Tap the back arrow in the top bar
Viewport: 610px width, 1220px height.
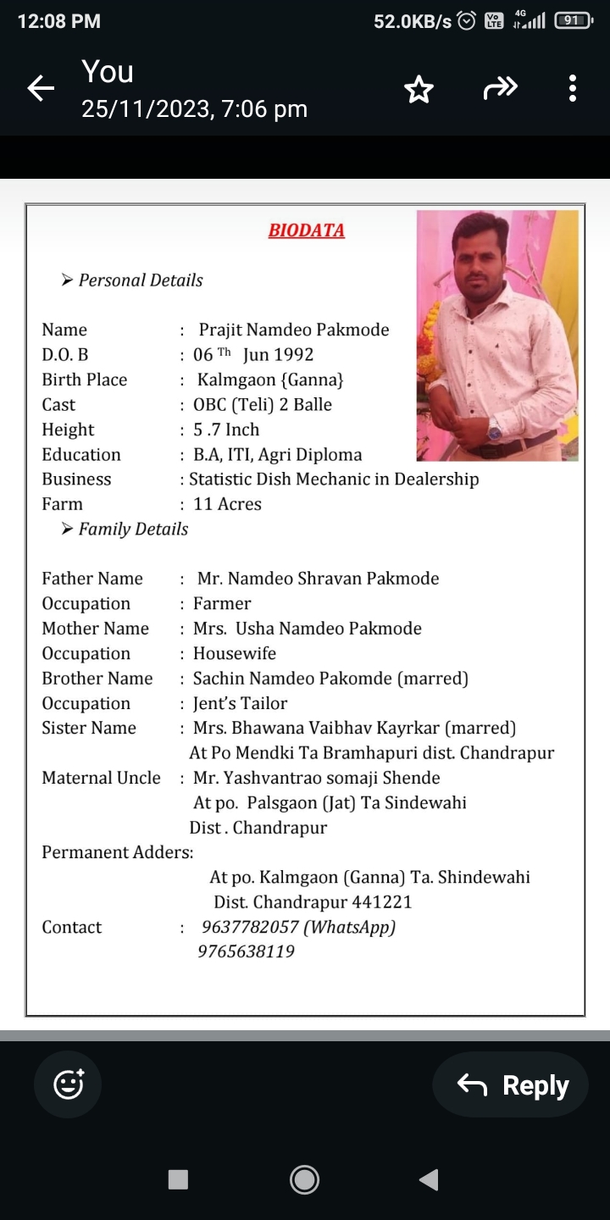pos(41,88)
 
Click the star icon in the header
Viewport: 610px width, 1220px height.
pos(419,89)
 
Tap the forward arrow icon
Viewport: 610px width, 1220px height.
pos(500,88)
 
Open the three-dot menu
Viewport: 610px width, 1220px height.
pos(573,88)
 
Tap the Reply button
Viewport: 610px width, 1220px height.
pos(511,1085)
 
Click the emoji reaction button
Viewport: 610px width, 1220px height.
pos(68,1084)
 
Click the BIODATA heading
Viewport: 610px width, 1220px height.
pos(306,230)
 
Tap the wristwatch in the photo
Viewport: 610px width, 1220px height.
pos(495,431)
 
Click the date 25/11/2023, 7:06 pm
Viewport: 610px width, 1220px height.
pos(194,109)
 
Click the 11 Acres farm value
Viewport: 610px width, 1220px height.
pos(227,504)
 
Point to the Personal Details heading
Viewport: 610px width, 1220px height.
pos(141,280)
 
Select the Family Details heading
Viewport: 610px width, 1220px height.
pos(133,530)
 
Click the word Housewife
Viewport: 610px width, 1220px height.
pos(235,653)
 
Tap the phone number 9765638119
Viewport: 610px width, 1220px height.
pos(246,951)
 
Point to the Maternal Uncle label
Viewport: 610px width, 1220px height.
pos(101,778)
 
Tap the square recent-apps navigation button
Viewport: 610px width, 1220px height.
pos(178,1179)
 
